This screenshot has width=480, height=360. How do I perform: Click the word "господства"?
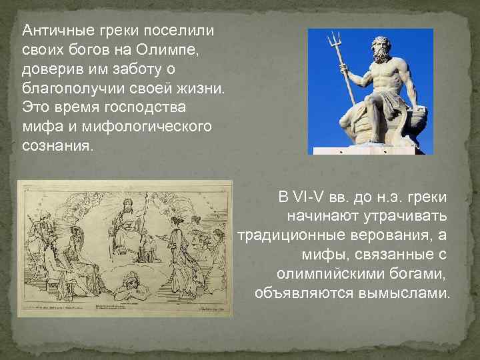155,107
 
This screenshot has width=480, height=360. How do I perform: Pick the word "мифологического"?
147,126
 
